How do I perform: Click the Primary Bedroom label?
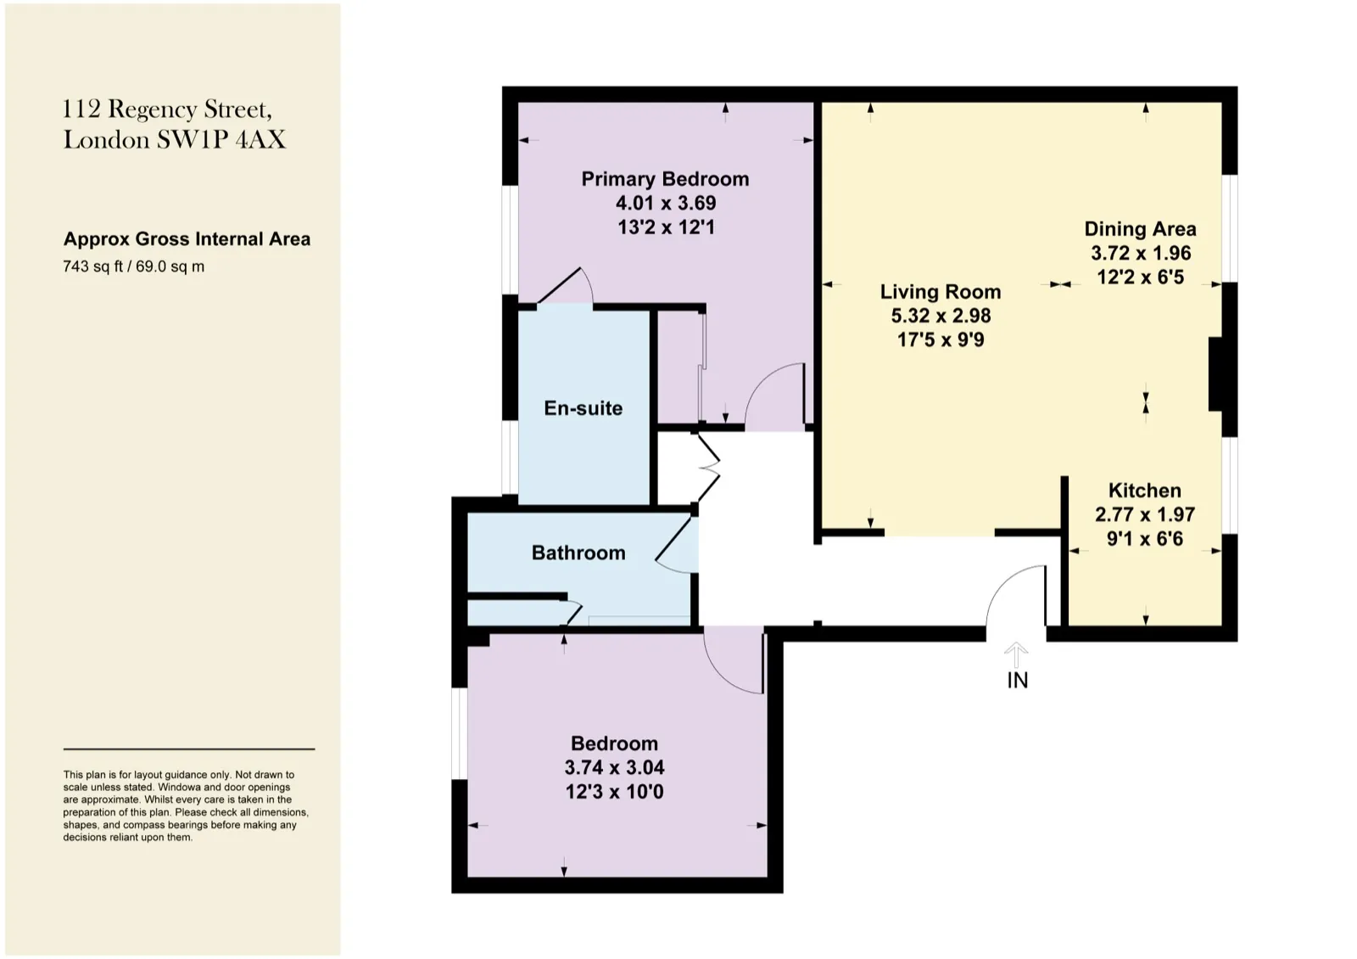coord(665,179)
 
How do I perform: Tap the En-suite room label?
coord(583,408)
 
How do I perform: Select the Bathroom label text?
coord(578,552)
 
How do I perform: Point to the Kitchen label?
coord(1144,490)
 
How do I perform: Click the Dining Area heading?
coord(1140,229)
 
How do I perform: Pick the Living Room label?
coord(941,292)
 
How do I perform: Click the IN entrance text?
coord(1018,681)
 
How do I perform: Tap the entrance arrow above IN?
coord(1017,654)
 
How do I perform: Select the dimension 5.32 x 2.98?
coord(941,316)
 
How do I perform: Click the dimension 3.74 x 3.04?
coord(614,767)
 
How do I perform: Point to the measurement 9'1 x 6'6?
coord(1144,538)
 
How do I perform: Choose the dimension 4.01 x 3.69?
coord(666,203)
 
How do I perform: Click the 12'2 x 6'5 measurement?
coord(1140,277)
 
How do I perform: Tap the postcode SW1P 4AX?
coord(221,140)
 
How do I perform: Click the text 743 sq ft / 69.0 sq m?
coord(134,266)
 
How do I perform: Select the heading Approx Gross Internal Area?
coord(187,238)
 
